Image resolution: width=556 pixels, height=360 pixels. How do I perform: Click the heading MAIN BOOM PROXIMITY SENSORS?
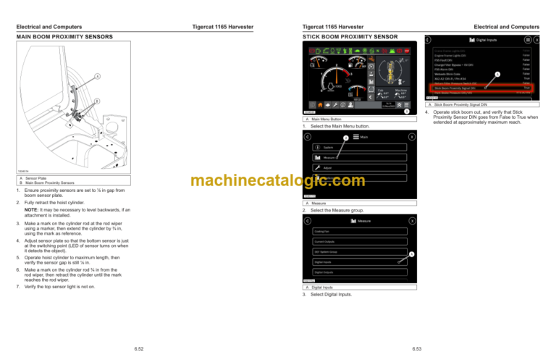point(66,35)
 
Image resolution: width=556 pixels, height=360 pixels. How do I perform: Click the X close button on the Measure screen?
point(412,220)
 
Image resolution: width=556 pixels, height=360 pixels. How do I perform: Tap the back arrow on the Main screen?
point(308,136)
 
